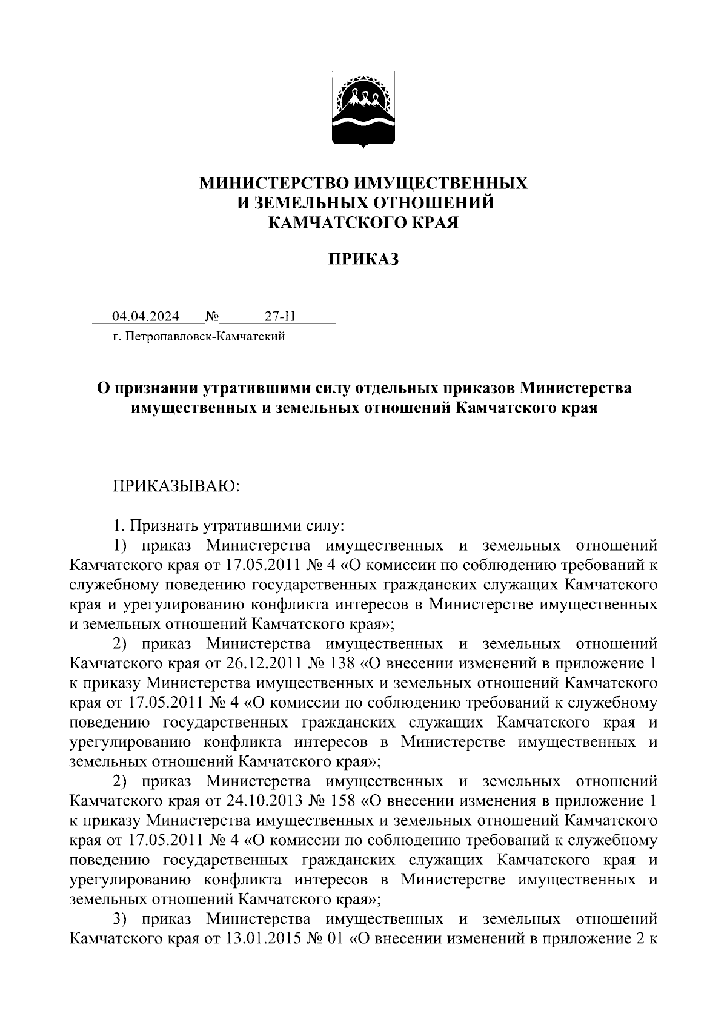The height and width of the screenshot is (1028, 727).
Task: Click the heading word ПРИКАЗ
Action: [363, 260]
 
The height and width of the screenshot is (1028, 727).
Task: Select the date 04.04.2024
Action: [145, 316]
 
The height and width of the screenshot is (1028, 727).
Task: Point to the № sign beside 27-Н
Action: [212, 316]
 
